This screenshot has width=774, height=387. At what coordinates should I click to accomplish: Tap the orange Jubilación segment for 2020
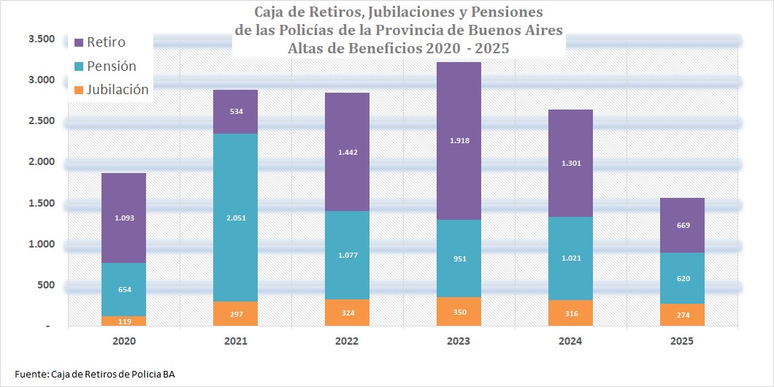click(124, 321)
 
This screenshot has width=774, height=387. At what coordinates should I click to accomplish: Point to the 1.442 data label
click(348, 153)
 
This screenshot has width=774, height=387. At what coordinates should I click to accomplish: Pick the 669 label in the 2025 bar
click(683, 225)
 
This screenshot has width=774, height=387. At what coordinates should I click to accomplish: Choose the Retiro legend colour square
click(78, 42)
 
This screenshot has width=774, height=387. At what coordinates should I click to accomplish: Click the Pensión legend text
click(112, 66)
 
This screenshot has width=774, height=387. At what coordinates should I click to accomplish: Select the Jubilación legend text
click(118, 89)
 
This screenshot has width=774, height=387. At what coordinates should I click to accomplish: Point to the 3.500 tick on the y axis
click(42, 39)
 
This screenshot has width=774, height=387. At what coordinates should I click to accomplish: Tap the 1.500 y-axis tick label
click(42, 203)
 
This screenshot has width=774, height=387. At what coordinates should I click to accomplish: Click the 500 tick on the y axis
click(47, 285)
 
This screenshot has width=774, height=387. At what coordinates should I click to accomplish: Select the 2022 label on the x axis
click(348, 341)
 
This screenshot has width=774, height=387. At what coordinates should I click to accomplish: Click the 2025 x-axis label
click(683, 341)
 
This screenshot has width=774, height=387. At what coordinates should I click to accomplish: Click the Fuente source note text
click(95, 374)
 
